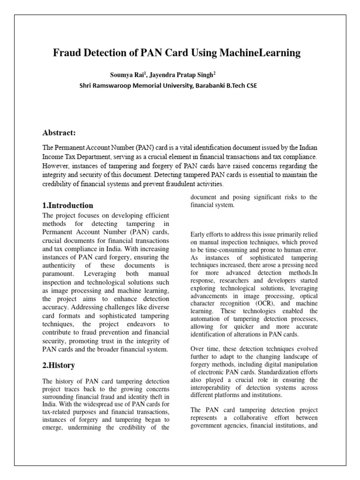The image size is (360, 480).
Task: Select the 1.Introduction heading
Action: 67,205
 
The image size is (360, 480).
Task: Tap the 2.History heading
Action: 59,365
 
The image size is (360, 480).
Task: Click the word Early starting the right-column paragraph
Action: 198,234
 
